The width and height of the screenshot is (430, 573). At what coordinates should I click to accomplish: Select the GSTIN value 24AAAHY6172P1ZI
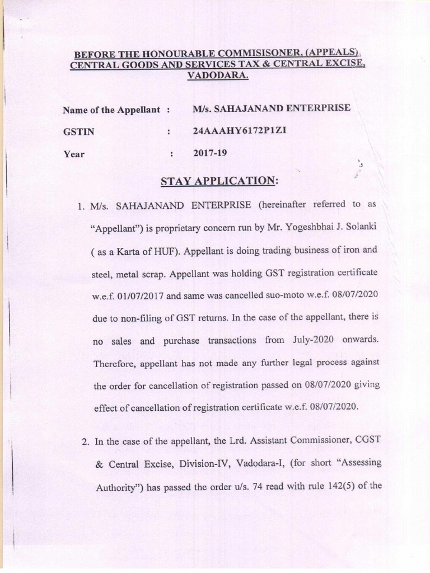tap(242, 131)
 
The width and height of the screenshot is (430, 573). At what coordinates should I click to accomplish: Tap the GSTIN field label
tap(79, 133)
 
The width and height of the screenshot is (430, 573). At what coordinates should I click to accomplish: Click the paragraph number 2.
tap(86, 441)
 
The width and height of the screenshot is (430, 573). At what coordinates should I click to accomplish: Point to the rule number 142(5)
tap(342, 485)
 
